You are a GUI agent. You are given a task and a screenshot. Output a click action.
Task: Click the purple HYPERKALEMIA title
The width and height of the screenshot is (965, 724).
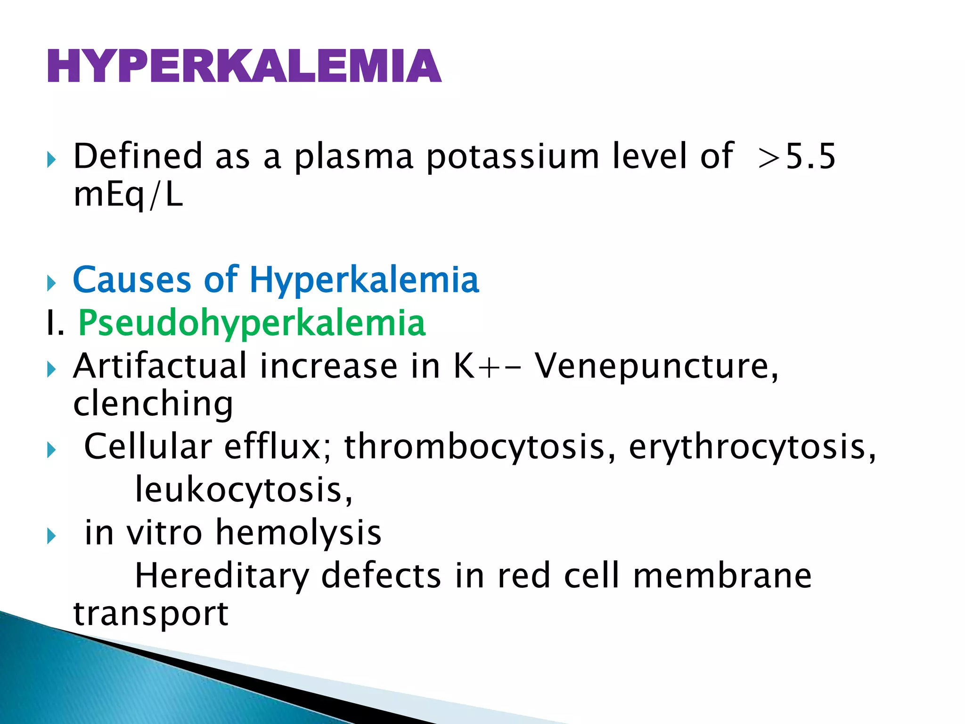(x=244, y=66)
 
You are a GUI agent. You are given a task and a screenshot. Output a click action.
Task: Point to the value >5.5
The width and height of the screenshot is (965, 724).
(x=797, y=156)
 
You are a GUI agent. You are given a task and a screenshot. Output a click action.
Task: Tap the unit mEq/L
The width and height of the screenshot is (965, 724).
(x=128, y=195)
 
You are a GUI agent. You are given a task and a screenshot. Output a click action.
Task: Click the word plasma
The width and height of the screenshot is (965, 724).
(x=353, y=156)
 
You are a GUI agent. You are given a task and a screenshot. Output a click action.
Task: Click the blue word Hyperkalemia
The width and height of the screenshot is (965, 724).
(x=364, y=280)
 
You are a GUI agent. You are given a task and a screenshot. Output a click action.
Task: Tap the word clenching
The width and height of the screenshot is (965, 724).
(x=153, y=404)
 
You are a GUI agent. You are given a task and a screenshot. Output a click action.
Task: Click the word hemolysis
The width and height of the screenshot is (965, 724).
(x=298, y=533)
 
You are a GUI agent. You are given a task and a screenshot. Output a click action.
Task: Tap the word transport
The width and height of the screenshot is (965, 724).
(x=151, y=614)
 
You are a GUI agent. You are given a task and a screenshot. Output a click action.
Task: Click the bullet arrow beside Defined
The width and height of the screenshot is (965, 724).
(x=51, y=160)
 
